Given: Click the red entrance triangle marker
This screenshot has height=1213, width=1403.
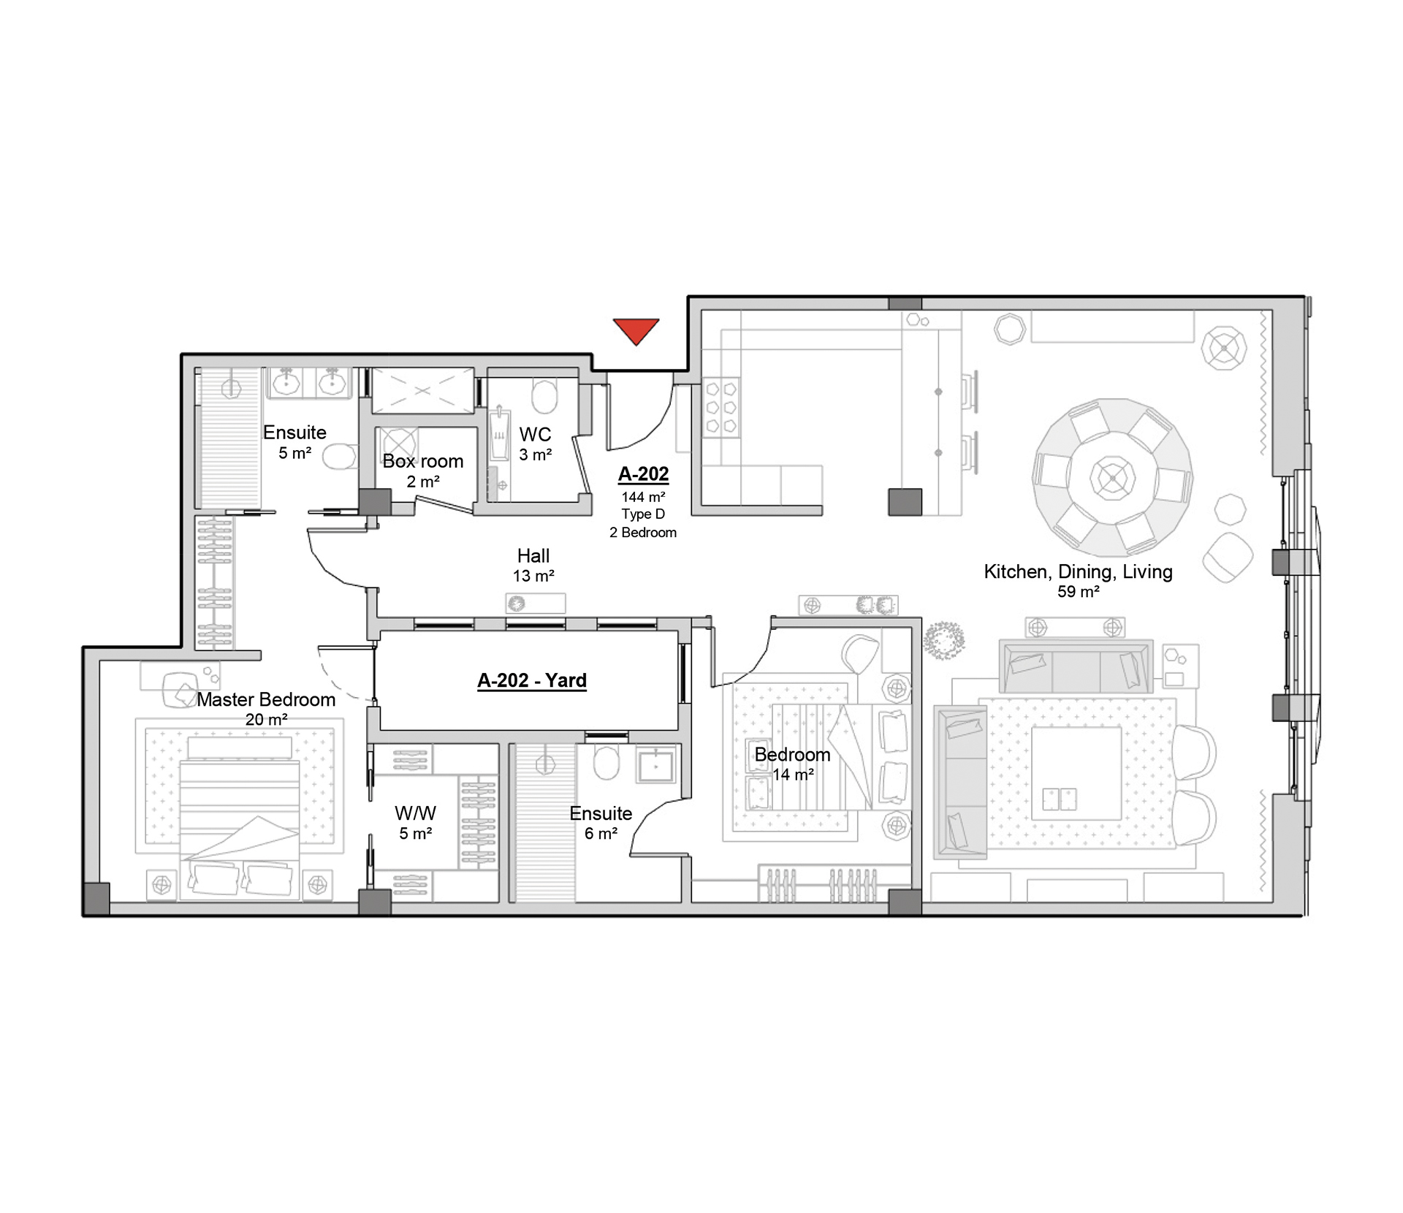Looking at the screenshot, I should tap(636, 330).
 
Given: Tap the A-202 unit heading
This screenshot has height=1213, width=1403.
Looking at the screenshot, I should tap(643, 474).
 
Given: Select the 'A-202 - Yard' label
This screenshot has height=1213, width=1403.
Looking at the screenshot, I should tap(532, 680).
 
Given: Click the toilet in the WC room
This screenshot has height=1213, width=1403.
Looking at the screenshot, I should tap(544, 397).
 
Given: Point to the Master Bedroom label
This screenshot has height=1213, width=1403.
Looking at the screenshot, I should tap(266, 699).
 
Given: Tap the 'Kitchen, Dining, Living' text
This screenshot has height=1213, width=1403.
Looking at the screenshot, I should tap(1078, 571).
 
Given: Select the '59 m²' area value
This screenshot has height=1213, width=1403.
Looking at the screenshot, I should tap(1078, 592).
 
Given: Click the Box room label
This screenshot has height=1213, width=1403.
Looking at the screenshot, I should tap(423, 461).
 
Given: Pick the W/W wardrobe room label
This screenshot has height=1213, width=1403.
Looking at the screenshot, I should tap(415, 813).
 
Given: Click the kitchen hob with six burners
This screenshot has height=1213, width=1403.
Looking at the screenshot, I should tap(721, 408).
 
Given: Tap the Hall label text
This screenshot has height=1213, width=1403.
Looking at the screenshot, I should tap(533, 555).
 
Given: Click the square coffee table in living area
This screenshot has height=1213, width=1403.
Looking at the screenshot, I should tap(1076, 773).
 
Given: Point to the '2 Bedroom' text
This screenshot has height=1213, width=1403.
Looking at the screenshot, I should tap(643, 533).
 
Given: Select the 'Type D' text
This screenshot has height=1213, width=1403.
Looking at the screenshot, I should tap(643, 514).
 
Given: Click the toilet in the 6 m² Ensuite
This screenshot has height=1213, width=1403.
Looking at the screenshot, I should tap(606, 763).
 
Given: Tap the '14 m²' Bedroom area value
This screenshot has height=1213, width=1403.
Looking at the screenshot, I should tap(793, 775).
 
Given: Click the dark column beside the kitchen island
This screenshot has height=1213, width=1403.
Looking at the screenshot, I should tap(905, 502).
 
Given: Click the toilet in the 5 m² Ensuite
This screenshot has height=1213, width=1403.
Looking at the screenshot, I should tap(338, 457).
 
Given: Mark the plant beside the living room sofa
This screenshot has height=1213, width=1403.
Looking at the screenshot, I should tap(943, 639).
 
